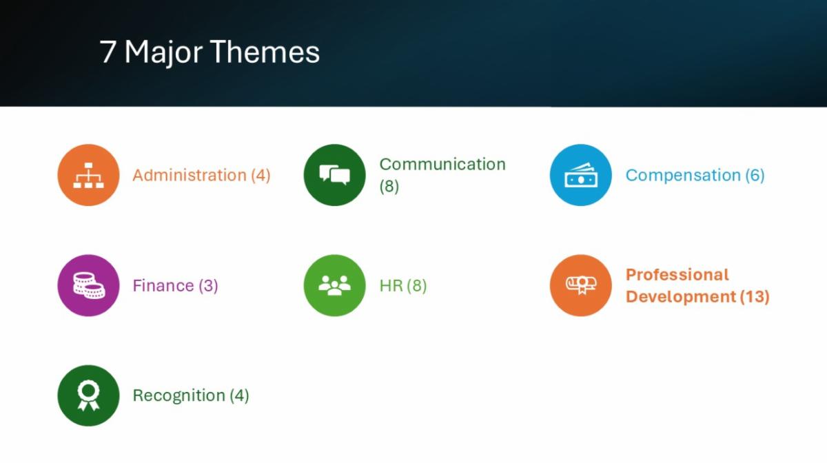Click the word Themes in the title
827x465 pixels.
point(265,52)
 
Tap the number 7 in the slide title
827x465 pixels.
point(108,52)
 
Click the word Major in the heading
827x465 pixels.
point(163,53)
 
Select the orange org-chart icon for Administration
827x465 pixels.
point(89,175)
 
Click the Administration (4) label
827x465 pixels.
point(201,175)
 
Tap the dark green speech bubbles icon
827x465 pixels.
point(334,175)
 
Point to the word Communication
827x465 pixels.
point(442,164)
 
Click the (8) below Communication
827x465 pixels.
point(389,187)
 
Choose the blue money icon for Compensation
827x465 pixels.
point(581,175)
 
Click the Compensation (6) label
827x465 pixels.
point(695,175)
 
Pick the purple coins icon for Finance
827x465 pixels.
point(89,285)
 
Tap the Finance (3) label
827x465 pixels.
point(175,286)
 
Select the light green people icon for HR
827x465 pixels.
point(334,285)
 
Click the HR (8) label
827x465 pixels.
point(403,286)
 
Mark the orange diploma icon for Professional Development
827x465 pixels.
point(581,285)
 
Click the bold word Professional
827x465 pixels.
point(677,275)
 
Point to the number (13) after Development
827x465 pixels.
point(755,297)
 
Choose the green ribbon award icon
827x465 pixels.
point(89,395)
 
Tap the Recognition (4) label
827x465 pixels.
point(191,395)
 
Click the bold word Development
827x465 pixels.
point(681,297)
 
